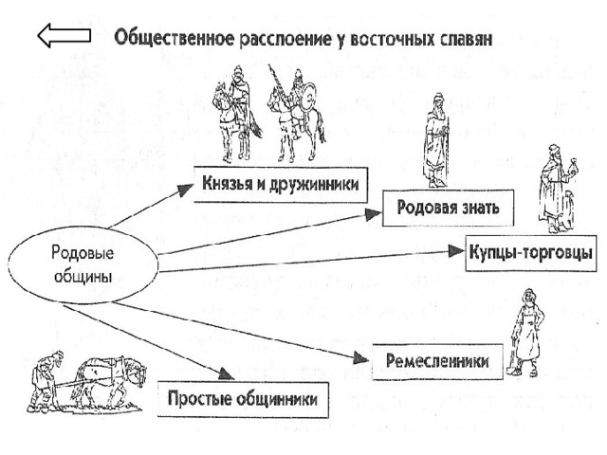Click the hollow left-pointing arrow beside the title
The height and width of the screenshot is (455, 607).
tap(64, 35)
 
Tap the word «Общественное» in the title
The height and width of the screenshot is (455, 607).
tap(174, 38)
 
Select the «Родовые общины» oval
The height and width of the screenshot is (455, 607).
tap(83, 265)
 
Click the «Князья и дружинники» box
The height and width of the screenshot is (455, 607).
tap(281, 185)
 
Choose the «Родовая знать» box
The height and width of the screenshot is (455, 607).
tap(448, 209)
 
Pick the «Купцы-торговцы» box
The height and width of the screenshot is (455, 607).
tap(531, 253)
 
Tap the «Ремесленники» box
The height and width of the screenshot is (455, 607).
tap(437, 361)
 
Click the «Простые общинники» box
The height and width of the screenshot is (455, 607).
tap(243, 400)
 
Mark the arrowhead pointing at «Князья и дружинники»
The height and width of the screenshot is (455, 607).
tap(185, 190)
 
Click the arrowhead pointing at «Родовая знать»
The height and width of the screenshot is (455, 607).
tap(374, 214)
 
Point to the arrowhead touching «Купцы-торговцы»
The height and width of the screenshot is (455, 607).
tap(457, 251)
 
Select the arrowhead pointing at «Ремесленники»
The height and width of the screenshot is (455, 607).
tap(362, 358)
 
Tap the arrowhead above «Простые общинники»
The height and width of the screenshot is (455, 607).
tap(226, 373)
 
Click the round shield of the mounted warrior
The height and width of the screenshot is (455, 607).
tap(309, 97)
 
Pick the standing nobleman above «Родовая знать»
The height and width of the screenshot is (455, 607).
tap(437, 141)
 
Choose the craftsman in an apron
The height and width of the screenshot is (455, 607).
tap(526, 334)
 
